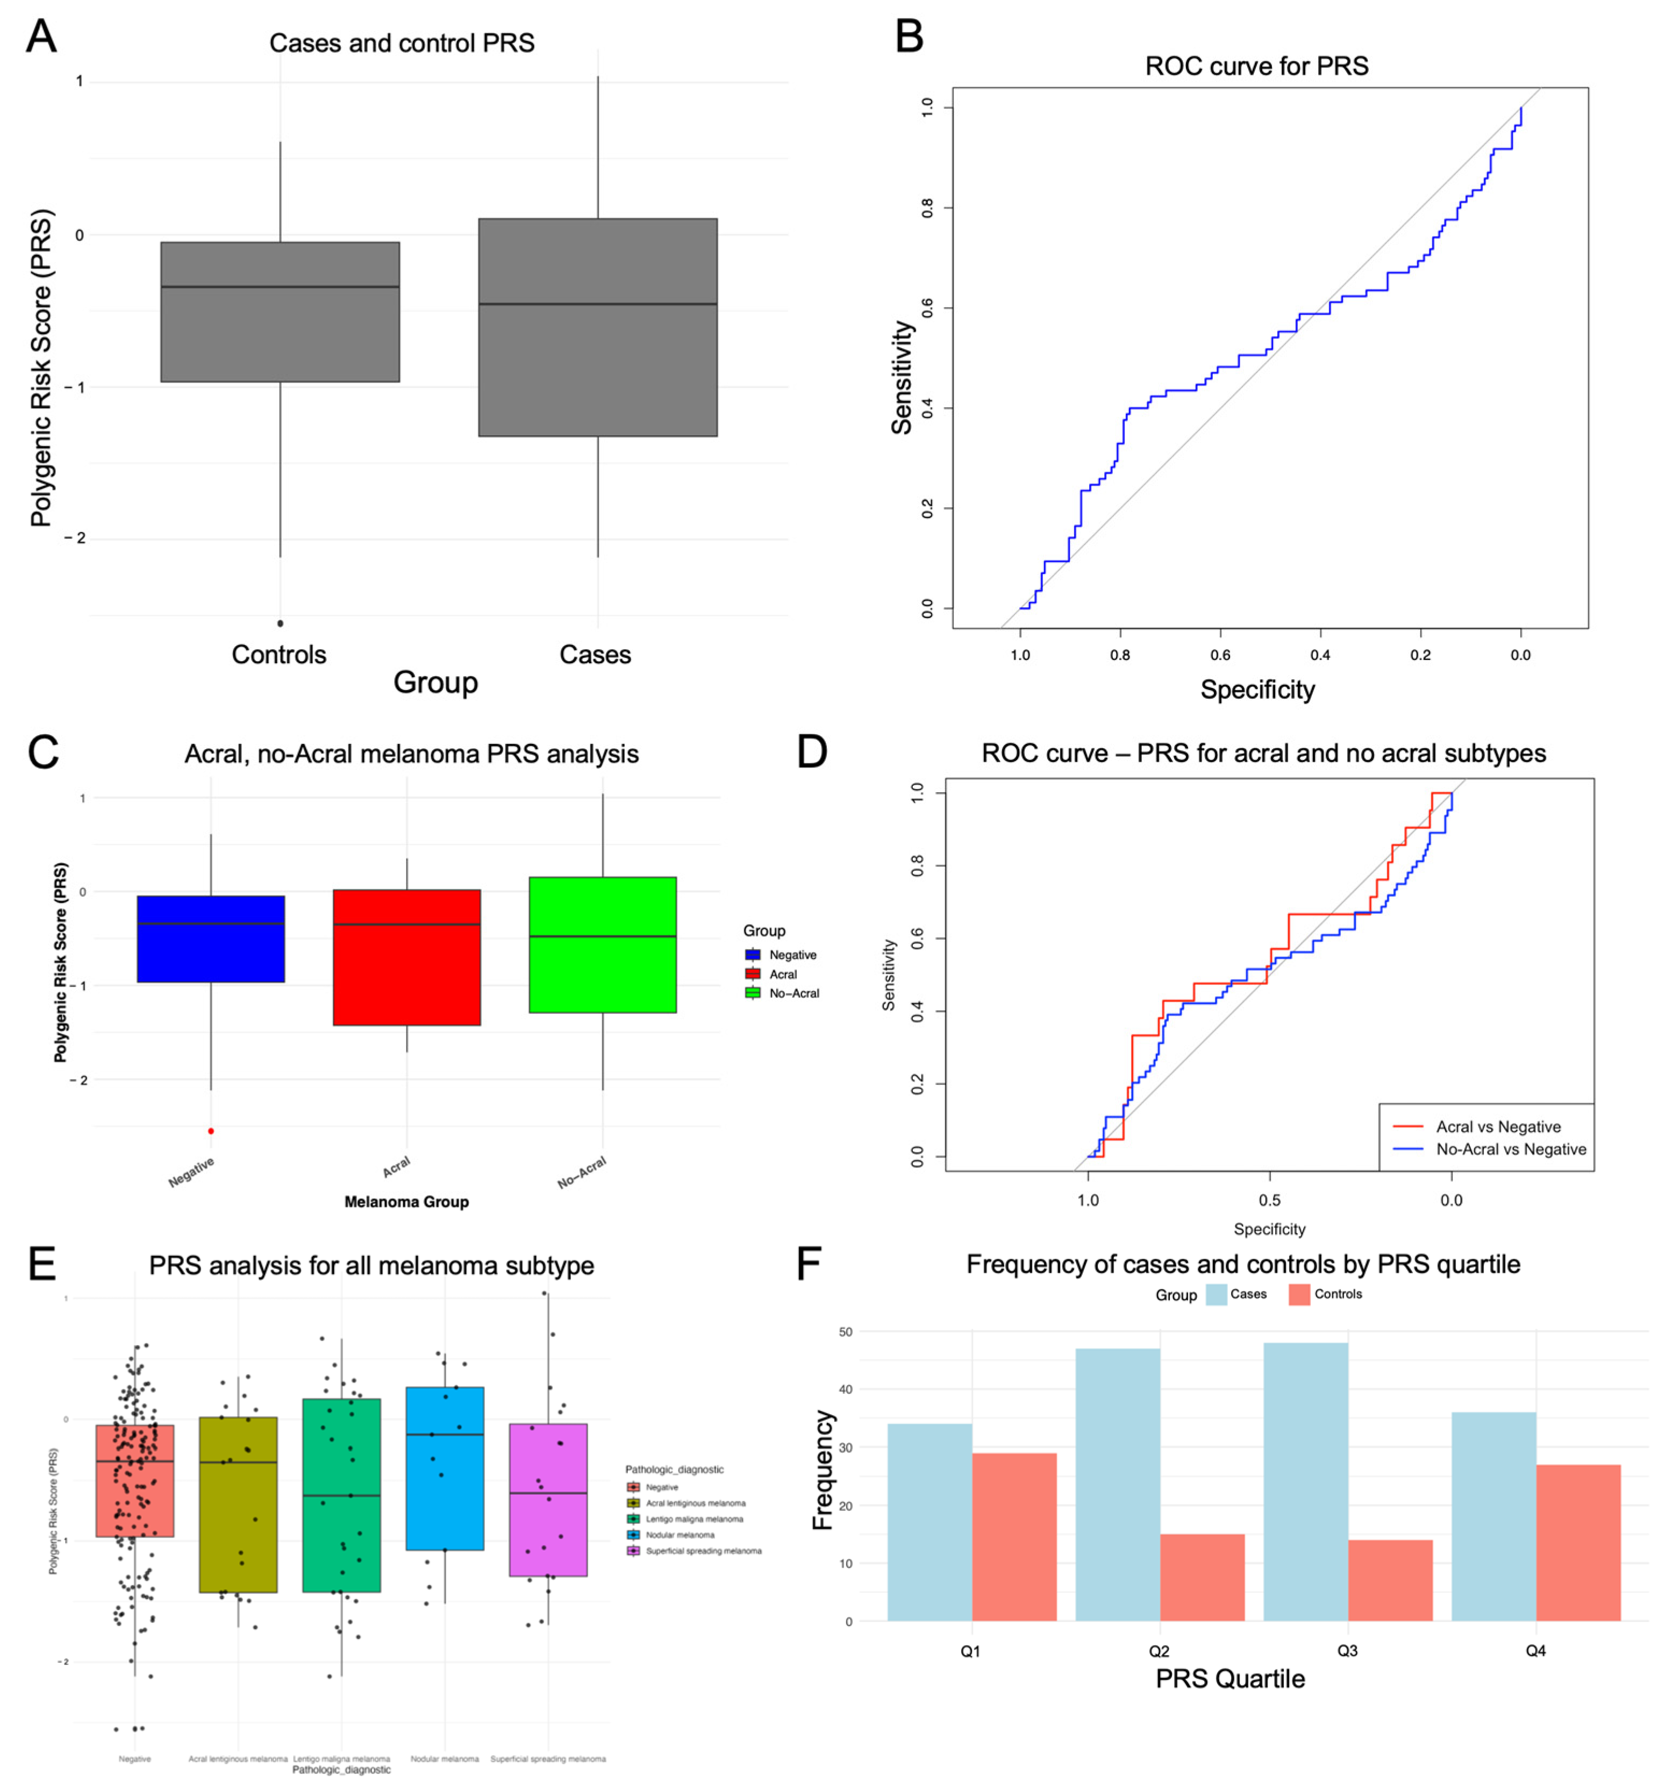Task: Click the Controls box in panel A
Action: point(280,311)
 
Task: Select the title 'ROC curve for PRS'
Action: point(1256,66)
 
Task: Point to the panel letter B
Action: point(910,37)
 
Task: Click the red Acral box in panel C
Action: point(406,957)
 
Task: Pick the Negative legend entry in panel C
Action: point(791,955)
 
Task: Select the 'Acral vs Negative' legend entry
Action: point(1498,1127)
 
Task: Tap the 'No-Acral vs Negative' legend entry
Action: point(1510,1149)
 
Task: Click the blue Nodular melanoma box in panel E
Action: point(445,1468)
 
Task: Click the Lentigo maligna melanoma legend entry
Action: point(695,1519)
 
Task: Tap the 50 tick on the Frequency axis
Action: point(846,1332)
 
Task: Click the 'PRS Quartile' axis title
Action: point(1229,1679)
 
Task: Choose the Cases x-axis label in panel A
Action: point(595,654)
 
